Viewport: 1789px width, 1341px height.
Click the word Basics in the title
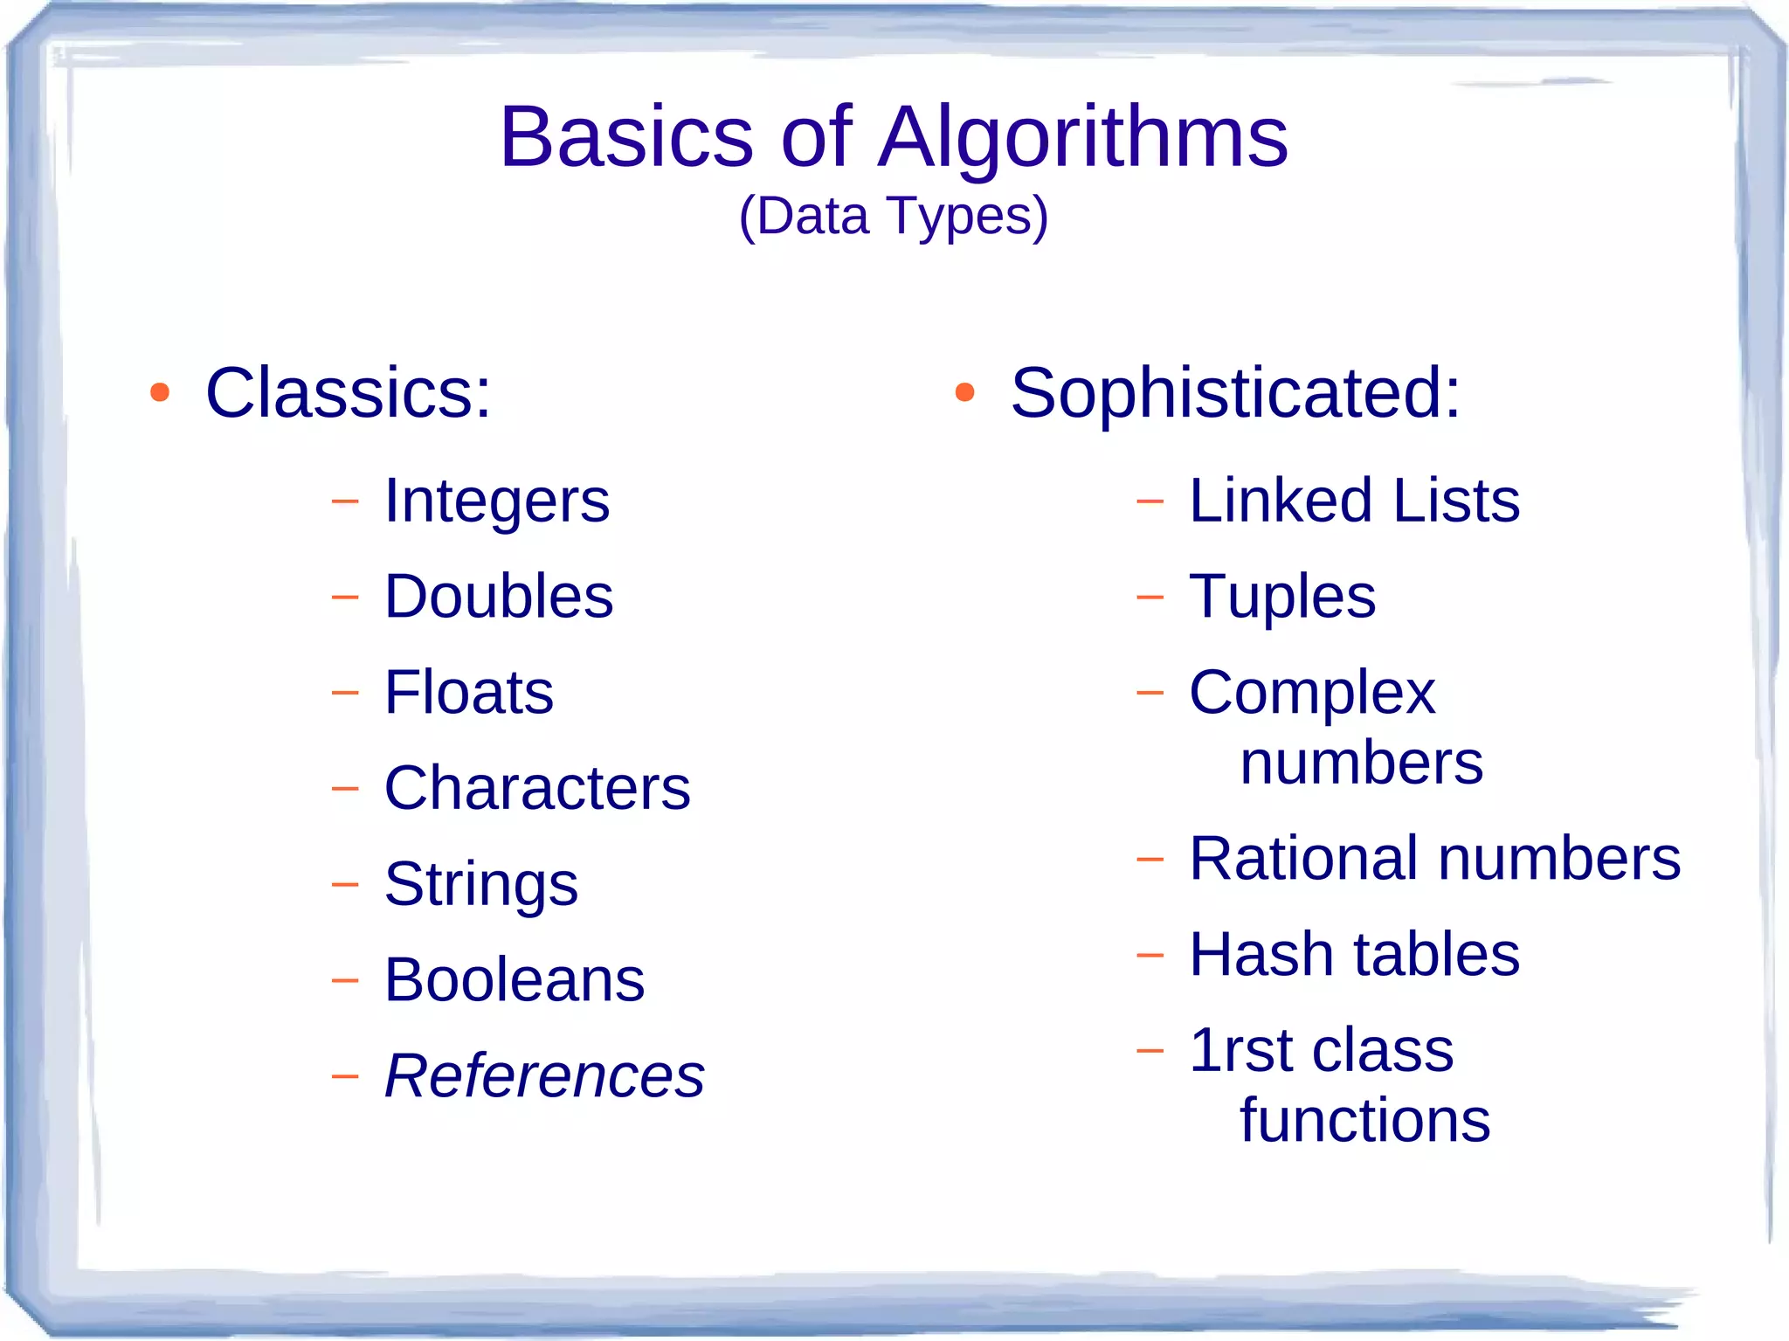pos(625,138)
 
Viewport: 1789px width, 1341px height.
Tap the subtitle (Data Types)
pos(893,216)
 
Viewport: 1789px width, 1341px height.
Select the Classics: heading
pos(348,393)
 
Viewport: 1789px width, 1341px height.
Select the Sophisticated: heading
pos(1234,393)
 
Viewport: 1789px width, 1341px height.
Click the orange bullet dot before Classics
pos(159,392)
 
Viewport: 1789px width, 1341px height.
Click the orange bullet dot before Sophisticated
pos(964,392)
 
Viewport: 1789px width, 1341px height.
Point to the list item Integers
pos(496,501)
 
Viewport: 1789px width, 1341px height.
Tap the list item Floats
pos(468,692)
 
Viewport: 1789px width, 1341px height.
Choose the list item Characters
pos(536,788)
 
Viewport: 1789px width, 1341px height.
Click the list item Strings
pos(480,884)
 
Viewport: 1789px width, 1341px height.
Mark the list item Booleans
pos(514,979)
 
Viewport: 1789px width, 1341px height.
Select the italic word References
pos(543,1075)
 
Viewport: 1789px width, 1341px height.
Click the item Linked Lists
pos(1353,501)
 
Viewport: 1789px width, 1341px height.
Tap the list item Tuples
pos(1281,597)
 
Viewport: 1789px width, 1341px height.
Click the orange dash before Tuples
pos(1150,598)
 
